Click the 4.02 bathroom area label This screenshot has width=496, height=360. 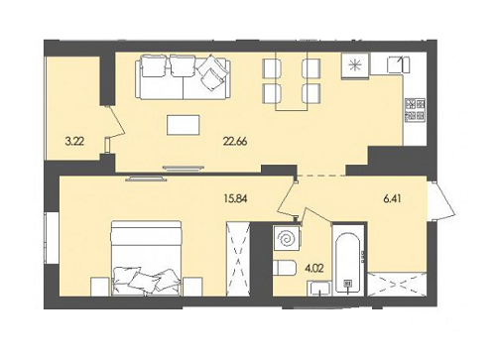coord(312,266)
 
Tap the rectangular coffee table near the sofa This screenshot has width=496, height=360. coord(186,126)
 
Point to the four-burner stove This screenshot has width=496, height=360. coord(416,109)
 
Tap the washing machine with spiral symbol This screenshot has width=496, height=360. coord(287,240)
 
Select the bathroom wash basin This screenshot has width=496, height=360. coord(319,289)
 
